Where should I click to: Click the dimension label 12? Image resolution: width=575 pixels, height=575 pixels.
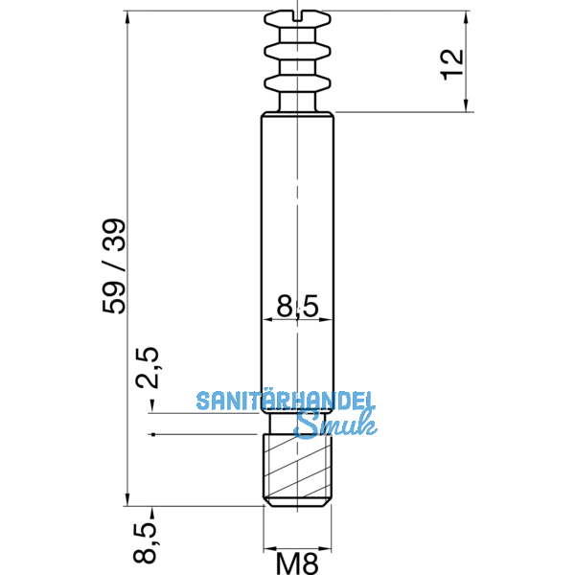454,60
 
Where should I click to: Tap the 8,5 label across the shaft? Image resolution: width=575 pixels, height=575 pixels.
298,308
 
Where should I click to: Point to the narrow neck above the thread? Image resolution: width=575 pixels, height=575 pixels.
298,425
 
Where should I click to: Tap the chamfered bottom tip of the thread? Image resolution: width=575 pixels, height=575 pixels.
298,502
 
